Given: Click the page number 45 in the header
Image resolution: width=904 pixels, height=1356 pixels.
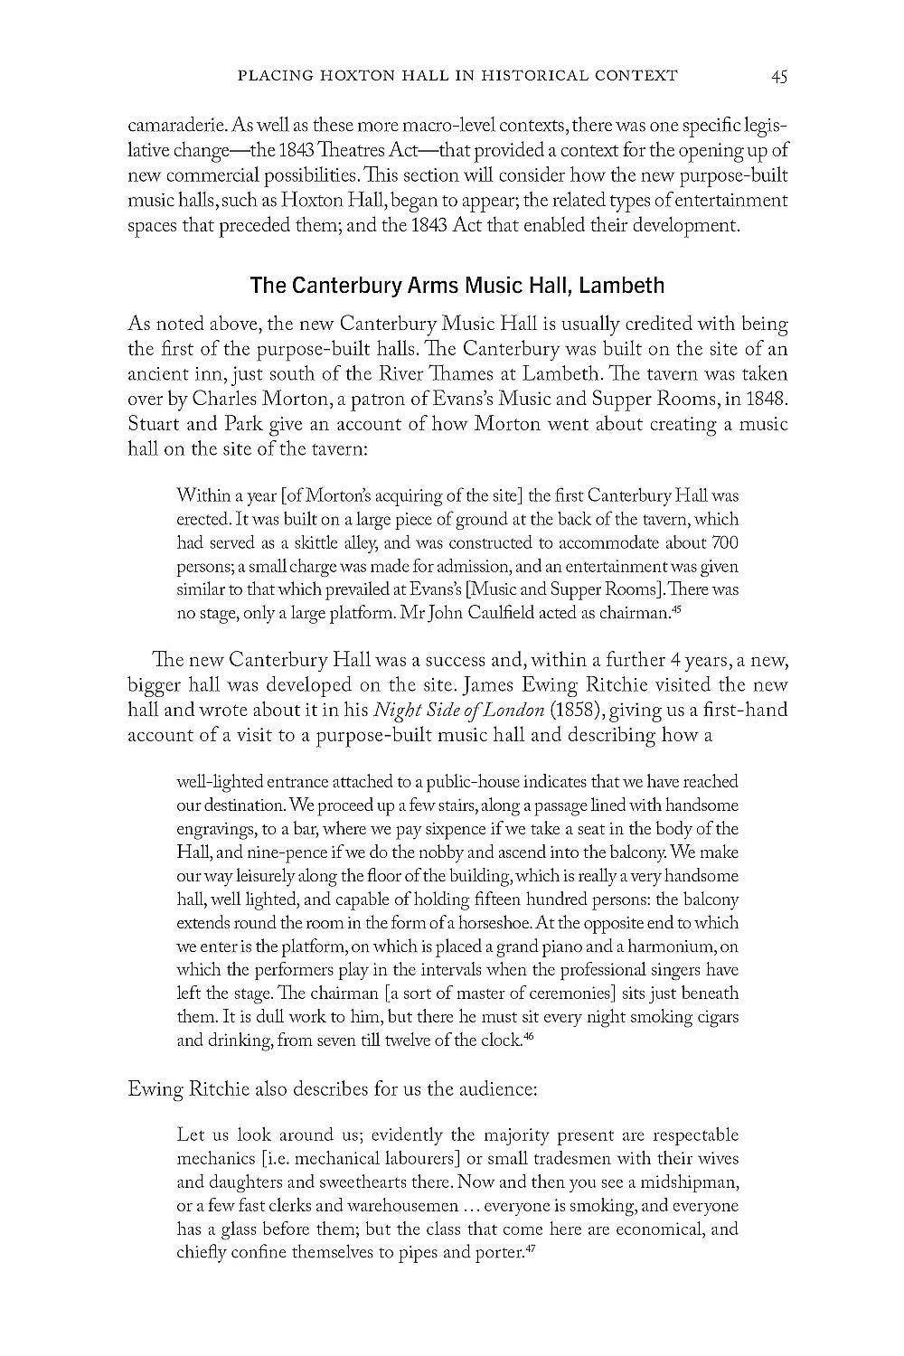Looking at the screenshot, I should [779, 77].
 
